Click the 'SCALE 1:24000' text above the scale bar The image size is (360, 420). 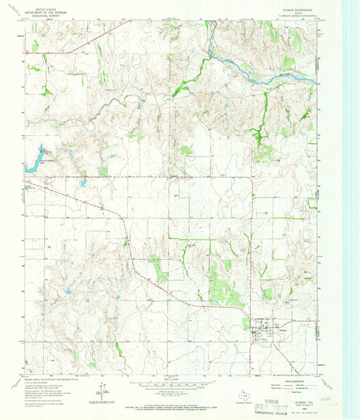coord(173,379)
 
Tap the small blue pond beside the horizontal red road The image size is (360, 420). coord(82,183)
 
